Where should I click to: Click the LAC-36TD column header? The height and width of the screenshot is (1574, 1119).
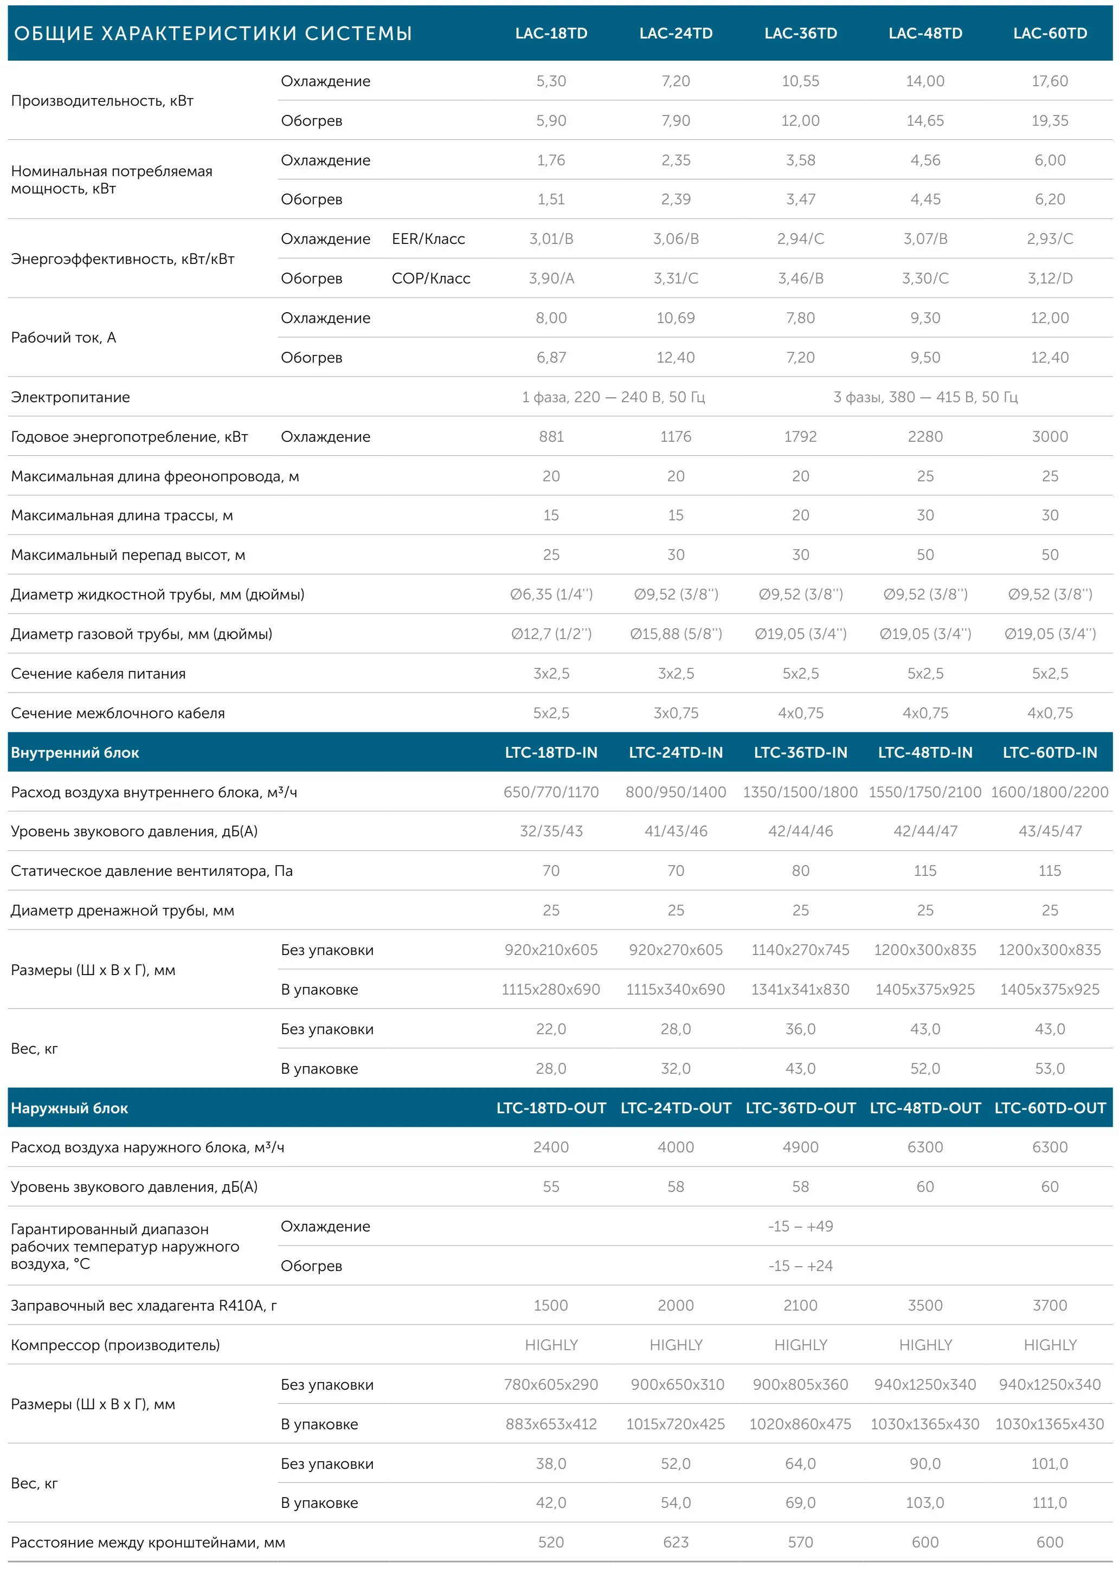pos(800,33)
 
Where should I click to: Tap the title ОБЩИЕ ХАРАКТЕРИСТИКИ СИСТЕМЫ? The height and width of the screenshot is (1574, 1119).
pos(213,33)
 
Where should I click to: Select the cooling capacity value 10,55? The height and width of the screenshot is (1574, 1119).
pos(800,81)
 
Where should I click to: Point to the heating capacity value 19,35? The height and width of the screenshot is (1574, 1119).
pos(1050,120)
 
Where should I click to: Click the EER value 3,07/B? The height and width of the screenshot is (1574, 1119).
pos(925,239)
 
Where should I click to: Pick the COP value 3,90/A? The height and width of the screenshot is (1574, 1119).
pos(551,278)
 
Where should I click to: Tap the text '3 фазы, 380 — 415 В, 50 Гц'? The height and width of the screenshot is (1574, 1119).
pos(925,397)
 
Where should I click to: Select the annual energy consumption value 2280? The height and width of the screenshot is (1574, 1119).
pos(925,437)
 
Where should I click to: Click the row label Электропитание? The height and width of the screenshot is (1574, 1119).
pos(70,397)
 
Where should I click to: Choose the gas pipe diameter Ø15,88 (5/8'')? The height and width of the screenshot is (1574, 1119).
pos(676,634)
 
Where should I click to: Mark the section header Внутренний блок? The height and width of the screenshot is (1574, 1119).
pos(75,753)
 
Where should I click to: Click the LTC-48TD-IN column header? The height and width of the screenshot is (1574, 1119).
pos(925,753)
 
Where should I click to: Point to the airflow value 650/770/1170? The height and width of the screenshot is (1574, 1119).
pos(551,792)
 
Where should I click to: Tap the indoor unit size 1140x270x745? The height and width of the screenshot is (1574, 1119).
pos(800,950)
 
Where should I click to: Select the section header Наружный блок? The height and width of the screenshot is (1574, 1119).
pos(69,1108)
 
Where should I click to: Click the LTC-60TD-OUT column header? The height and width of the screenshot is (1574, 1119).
pos(1050,1108)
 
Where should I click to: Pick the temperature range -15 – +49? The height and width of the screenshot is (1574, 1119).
pos(800,1226)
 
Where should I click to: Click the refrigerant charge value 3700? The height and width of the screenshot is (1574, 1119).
pos(1050,1305)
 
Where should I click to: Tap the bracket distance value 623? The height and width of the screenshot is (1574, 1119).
pos(676,1543)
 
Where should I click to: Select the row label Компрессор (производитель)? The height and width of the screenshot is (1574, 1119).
pos(115,1345)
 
